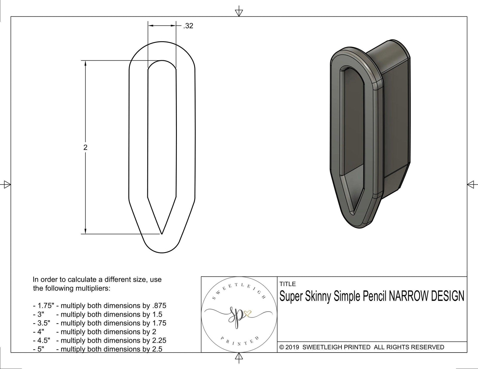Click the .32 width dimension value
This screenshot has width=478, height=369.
(189, 26)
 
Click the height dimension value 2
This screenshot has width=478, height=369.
(85, 147)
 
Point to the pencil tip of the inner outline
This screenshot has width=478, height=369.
(162, 234)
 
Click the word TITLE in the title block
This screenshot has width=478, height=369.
(287, 284)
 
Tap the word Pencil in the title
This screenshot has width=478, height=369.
(374, 296)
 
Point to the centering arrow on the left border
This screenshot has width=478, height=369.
(7, 184)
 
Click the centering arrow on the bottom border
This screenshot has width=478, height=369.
(239, 357)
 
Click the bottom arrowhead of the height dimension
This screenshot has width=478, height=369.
(85, 231)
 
